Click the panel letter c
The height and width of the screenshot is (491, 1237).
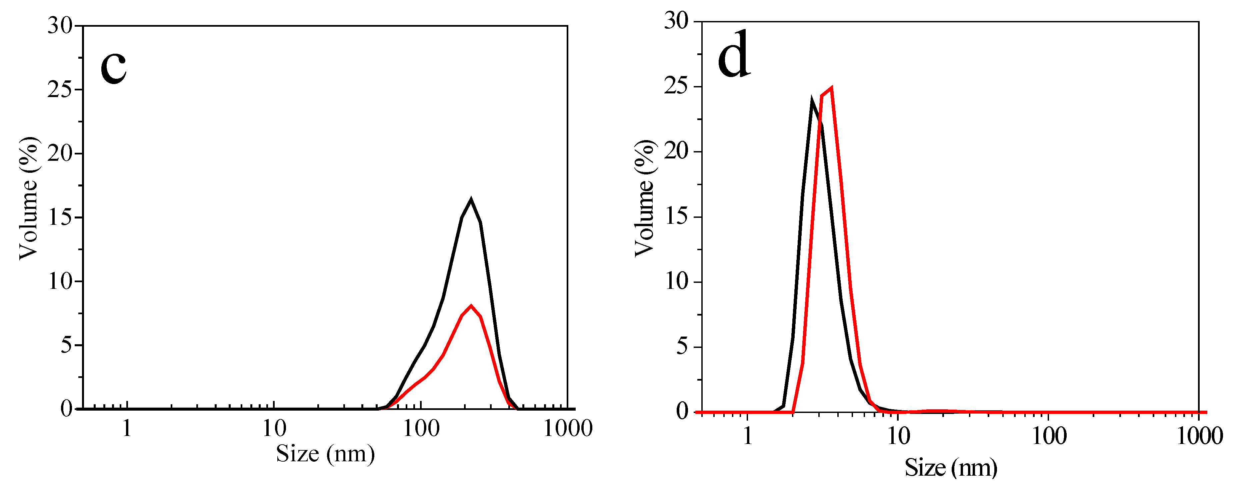(113, 68)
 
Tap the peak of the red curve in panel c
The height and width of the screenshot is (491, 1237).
(471, 306)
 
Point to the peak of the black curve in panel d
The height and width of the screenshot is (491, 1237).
(812, 100)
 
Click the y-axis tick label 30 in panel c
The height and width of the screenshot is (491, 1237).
(60, 25)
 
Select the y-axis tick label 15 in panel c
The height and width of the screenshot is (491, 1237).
(60, 217)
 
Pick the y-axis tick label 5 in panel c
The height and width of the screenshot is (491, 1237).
(66, 345)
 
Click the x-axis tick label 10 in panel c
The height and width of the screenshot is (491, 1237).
(274, 428)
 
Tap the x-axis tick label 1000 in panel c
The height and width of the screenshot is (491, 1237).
(568, 428)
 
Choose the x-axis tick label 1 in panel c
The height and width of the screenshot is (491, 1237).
(127, 428)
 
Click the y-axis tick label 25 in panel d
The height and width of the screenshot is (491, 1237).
(676, 86)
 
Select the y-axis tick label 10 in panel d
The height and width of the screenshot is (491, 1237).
(676, 282)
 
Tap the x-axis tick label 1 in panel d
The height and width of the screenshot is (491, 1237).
(747, 436)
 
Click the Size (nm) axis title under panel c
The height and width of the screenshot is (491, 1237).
(325, 454)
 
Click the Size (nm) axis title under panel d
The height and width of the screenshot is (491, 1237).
(951, 467)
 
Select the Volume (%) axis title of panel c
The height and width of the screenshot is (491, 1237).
(29, 198)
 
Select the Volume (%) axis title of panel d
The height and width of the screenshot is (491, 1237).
(644, 198)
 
